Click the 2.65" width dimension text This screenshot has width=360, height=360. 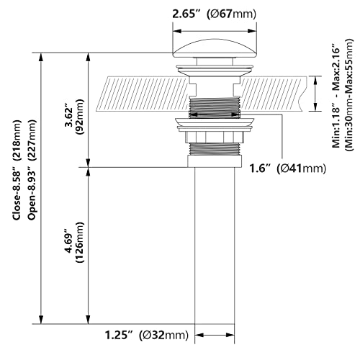pyautogui.click(x=186, y=14)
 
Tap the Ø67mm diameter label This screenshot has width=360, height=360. pyautogui.click(x=232, y=14)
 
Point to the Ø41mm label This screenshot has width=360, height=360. pyautogui.click(x=302, y=168)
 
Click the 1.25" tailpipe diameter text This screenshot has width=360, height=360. pyautogui.click(x=119, y=336)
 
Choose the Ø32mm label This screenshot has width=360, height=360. pyautogui.click(x=164, y=336)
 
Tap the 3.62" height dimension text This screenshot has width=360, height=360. pyautogui.click(x=70, y=117)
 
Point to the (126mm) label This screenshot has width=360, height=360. pyautogui.click(x=80, y=243)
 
